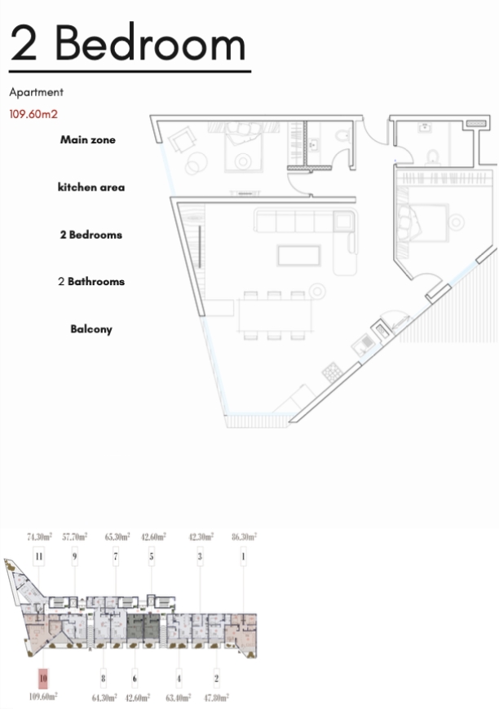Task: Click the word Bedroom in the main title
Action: (x=150, y=43)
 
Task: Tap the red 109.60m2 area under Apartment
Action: (x=33, y=114)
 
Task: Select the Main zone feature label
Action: (x=88, y=139)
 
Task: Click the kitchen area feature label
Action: (x=91, y=187)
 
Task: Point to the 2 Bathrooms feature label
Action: (x=91, y=281)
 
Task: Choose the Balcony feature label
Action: (x=91, y=329)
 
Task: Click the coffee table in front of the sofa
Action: (x=299, y=255)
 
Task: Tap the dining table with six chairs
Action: (x=275, y=315)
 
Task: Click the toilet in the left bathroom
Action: (x=342, y=135)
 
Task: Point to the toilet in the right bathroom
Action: (x=433, y=156)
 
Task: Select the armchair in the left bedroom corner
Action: (x=183, y=139)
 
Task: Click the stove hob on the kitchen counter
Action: (x=332, y=372)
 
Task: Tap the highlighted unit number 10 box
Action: (x=43, y=678)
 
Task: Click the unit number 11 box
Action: (x=39, y=557)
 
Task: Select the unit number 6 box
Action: (x=135, y=678)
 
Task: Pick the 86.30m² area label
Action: (x=245, y=537)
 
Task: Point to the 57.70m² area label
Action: (x=75, y=537)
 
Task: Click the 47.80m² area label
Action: (x=216, y=698)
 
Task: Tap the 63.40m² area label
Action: (x=179, y=698)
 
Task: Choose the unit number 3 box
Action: (x=200, y=557)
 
